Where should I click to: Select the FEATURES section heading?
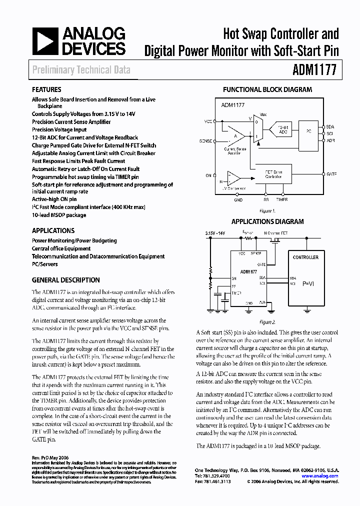click(46, 90)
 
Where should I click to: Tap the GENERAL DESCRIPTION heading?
click(65, 280)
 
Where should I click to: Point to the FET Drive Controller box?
click(273, 173)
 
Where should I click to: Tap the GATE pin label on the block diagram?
click(331, 173)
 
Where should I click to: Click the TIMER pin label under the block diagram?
click(282, 199)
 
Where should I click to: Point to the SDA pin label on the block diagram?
click(330, 126)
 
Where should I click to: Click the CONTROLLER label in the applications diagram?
click(305, 257)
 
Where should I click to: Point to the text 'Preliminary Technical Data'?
click(81, 70)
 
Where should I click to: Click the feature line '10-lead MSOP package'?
click(59, 215)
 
